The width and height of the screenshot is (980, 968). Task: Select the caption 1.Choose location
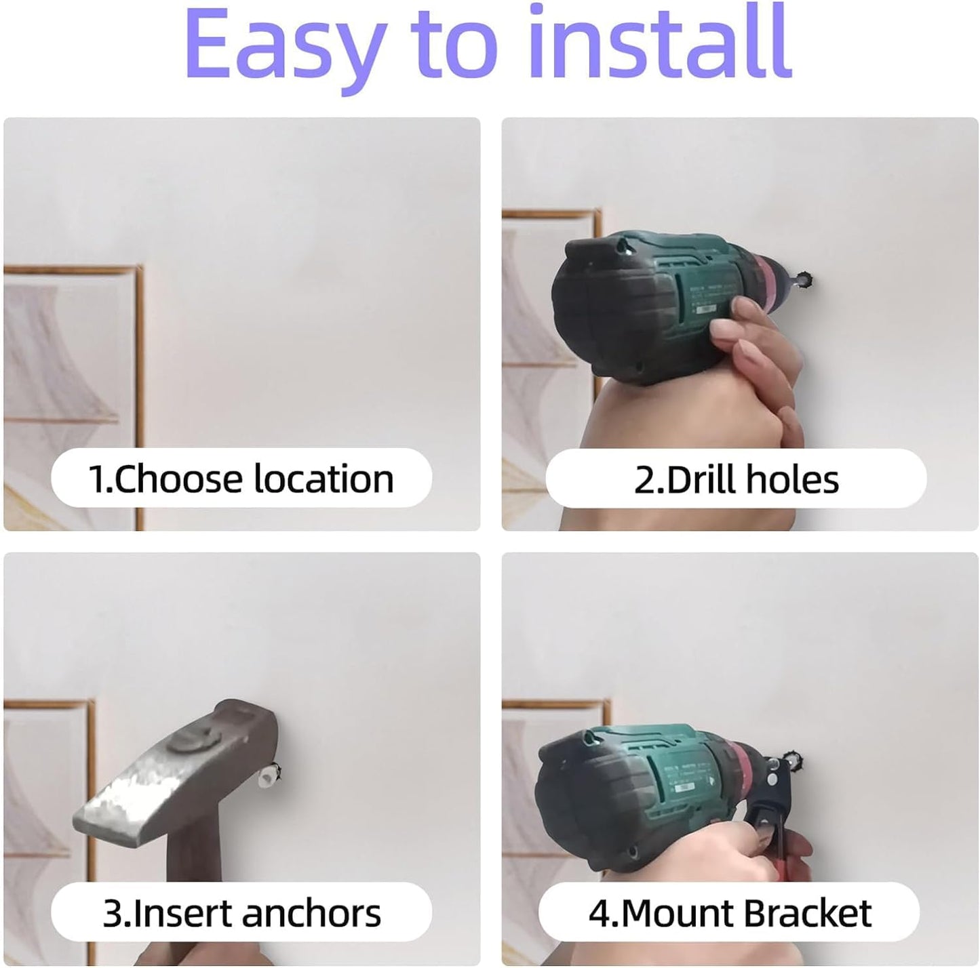(x=241, y=479)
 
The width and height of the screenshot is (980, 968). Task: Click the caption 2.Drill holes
(x=737, y=479)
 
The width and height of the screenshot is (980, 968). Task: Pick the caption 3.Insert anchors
(x=241, y=913)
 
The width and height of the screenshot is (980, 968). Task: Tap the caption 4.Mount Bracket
(x=730, y=913)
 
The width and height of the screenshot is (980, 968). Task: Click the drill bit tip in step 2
(x=805, y=279)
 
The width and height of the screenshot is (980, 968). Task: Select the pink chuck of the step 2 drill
(x=772, y=278)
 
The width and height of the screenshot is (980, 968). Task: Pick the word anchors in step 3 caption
(x=311, y=913)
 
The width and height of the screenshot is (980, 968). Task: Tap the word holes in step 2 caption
(x=792, y=479)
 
